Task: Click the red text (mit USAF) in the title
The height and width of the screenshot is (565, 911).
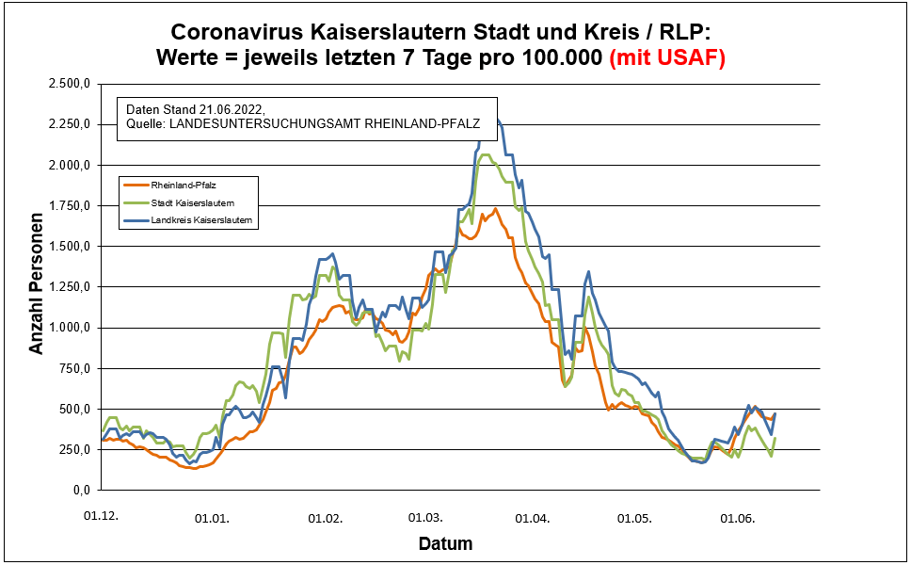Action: pos(667,58)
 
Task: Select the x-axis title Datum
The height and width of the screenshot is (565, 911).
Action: pos(445,543)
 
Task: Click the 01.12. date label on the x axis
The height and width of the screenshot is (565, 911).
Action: pos(101,518)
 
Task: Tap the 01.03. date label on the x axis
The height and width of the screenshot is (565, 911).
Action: pos(425,518)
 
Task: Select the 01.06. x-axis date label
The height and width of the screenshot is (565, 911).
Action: pos(737,518)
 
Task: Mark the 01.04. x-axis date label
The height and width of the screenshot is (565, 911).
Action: pos(533,518)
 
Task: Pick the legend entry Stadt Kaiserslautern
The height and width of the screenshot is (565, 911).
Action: pos(192,202)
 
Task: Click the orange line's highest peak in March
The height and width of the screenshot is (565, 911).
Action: pos(496,209)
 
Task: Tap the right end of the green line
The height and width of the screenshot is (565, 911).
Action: pos(775,439)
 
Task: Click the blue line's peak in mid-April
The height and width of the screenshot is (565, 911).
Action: pos(588,272)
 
